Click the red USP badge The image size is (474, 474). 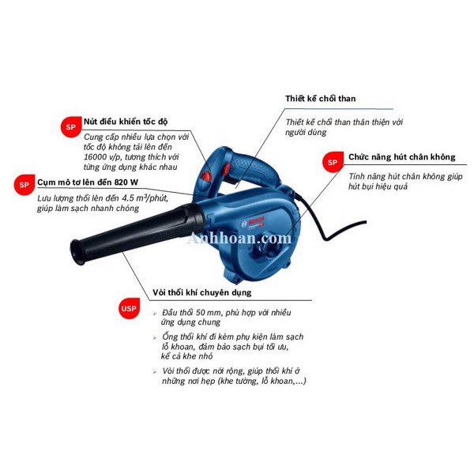(129, 308)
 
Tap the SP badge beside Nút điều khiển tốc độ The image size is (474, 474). (71, 126)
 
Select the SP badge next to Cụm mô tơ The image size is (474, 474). (24, 185)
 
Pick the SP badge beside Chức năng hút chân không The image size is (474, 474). (333, 162)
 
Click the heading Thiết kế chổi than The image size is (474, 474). (321, 99)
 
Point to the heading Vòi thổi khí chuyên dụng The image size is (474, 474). (202, 292)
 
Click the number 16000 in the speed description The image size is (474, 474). (94, 157)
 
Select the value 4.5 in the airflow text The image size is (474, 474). (128, 198)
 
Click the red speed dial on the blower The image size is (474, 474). (207, 176)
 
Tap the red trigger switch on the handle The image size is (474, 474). (227, 169)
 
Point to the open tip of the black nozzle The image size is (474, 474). (75, 253)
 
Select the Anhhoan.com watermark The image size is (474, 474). (239, 239)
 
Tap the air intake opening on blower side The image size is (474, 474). (268, 249)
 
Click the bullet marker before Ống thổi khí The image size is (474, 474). (155, 337)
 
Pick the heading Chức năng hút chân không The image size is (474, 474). (402, 157)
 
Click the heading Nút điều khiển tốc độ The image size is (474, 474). (126, 122)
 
